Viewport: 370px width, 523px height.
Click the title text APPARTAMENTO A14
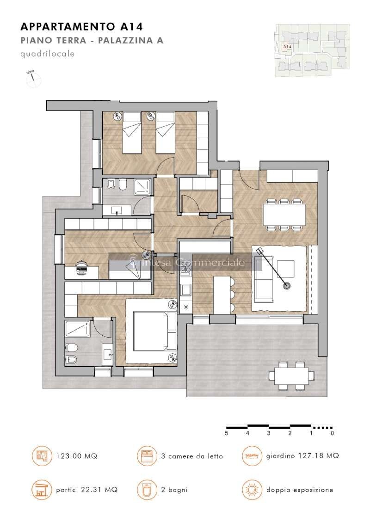point(80,25)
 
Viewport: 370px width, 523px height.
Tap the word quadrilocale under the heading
point(48,54)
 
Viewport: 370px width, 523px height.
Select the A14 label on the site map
point(287,47)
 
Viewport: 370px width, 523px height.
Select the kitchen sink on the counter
point(186,289)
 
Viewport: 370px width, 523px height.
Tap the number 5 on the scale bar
point(226,433)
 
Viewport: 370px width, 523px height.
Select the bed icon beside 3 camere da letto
point(146,456)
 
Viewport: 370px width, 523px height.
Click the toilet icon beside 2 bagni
point(146,490)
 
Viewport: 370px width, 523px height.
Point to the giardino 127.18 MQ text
point(302,456)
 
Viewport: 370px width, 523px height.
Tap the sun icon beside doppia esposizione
point(251,490)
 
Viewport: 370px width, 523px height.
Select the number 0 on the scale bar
point(332,433)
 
